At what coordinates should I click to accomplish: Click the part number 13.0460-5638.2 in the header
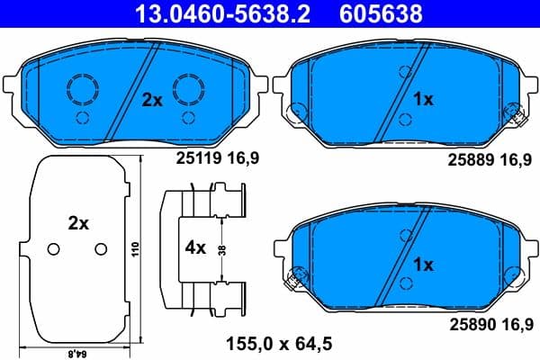(213, 13)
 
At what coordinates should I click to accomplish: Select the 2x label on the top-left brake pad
(152, 102)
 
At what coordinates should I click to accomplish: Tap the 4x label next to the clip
(195, 245)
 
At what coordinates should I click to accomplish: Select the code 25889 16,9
(482, 158)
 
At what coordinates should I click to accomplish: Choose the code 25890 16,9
(482, 321)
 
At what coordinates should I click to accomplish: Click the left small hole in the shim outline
(52, 249)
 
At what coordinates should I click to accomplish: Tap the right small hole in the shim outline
(100, 249)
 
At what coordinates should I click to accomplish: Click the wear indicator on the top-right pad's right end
(517, 113)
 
